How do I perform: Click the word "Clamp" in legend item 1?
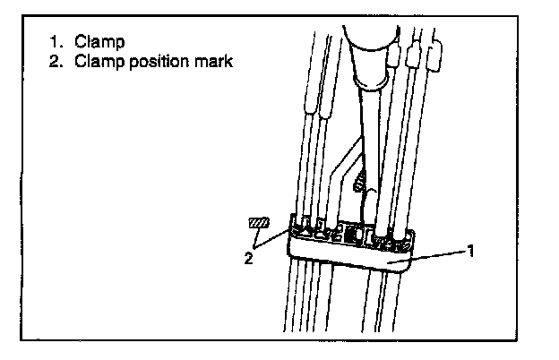point(99,42)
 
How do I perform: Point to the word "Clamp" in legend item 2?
point(99,61)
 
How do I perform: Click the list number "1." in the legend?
point(56,42)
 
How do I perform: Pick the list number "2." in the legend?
point(56,61)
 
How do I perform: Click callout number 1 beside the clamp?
point(470,252)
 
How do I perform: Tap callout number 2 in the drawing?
point(248,258)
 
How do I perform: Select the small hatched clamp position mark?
point(259,223)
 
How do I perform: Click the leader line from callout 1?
point(427,257)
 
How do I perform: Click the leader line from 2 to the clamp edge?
point(271,239)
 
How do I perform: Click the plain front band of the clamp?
point(349,256)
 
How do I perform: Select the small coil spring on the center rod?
point(360,182)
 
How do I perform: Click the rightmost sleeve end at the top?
point(435,56)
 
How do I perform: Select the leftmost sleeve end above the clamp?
point(311,107)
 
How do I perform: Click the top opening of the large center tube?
point(371,39)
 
